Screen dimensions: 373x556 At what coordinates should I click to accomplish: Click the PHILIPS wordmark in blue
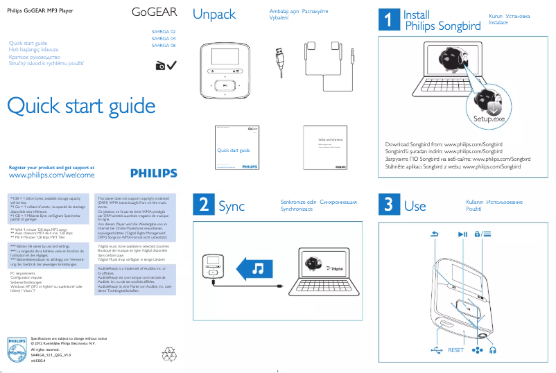158,173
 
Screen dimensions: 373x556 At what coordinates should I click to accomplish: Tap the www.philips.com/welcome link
51,176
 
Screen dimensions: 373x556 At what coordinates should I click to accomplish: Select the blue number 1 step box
388,21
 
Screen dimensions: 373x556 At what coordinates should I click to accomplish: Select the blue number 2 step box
202,205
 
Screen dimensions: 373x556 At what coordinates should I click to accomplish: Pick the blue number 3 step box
388,205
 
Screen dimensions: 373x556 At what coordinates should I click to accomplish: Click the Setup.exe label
489,119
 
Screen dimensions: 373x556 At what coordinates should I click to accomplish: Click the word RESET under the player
455,351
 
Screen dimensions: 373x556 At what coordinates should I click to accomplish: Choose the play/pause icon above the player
463,234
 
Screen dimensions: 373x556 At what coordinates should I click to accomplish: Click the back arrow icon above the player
435,234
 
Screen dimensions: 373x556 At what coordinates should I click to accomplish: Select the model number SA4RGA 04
164,39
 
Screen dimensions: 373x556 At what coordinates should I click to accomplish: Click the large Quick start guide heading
81,106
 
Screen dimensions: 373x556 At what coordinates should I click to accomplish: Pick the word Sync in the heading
232,206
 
